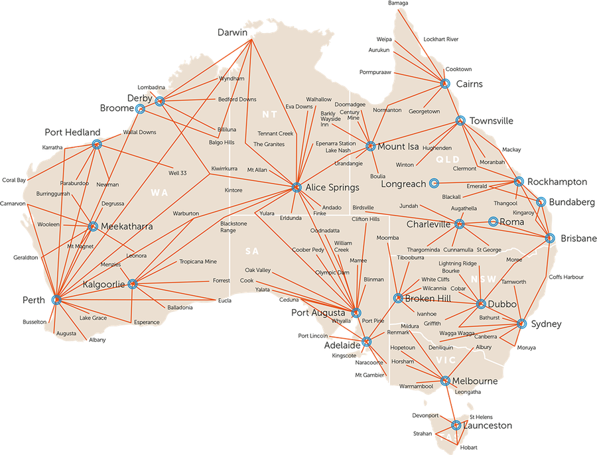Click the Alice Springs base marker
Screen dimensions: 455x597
pos(296,188)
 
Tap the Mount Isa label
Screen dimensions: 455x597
pos(398,147)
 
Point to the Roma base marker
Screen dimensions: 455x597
pos(493,222)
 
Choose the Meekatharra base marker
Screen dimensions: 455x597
pos(93,226)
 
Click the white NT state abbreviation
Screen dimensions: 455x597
pos(269,115)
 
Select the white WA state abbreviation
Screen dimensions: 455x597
pos(159,193)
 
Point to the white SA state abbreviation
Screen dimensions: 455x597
pos(251,251)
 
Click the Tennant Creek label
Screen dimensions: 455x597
pos(275,133)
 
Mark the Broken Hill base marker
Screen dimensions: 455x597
pos(398,298)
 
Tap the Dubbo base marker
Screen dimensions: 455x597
pos(481,304)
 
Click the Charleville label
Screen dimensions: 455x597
pos(429,224)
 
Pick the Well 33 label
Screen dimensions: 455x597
pos(178,173)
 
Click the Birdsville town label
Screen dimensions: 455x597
pos(364,207)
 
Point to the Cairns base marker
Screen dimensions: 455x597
pos(444,84)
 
